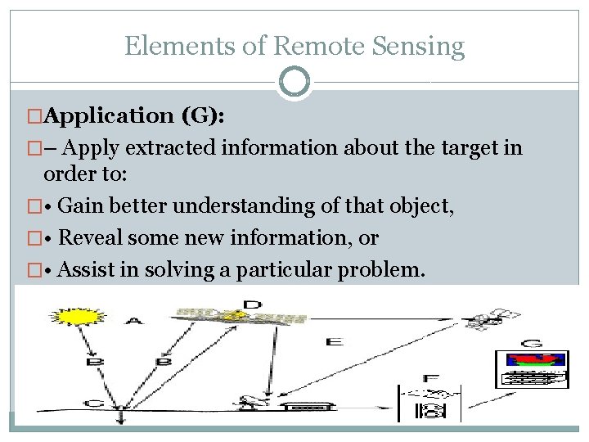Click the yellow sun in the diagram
click(70, 315)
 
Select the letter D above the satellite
click(252, 306)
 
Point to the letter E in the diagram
click(334, 341)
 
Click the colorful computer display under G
click(533, 369)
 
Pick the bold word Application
click(106, 116)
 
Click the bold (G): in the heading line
click(204, 116)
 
